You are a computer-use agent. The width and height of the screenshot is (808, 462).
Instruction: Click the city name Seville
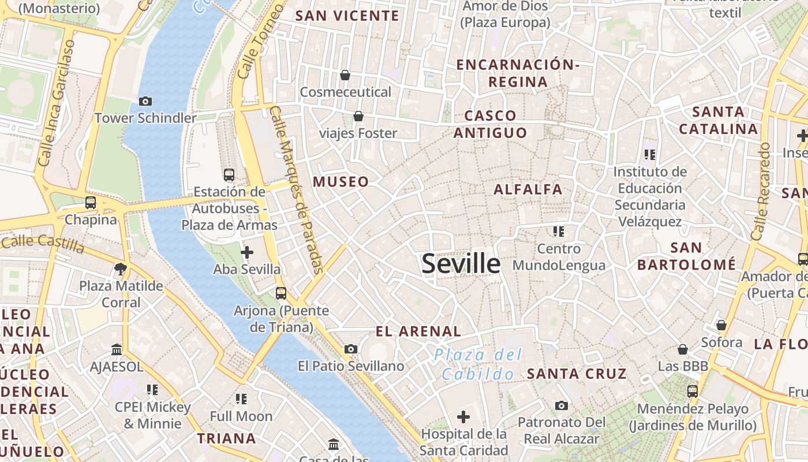[x=461, y=264]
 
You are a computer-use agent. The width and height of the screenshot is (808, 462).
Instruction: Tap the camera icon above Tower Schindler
[x=145, y=102]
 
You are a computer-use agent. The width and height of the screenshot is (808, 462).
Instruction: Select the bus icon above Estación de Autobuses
[x=229, y=174]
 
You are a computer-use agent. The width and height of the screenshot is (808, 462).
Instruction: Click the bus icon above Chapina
[x=91, y=203]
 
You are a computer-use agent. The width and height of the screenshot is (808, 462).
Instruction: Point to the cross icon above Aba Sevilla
[x=247, y=252]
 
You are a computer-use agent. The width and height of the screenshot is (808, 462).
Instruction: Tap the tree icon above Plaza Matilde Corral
[x=121, y=269]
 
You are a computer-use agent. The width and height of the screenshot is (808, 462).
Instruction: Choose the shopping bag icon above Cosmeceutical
[x=345, y=75]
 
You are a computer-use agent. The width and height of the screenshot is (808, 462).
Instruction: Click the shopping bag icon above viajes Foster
[x=358, y=117]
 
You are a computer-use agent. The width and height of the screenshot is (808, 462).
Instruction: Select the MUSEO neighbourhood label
[x=341, y=182]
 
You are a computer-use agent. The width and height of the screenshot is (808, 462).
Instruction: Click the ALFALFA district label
[x=528, y=189]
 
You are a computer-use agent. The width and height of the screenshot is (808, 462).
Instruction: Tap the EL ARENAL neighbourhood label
[x=418, y=331]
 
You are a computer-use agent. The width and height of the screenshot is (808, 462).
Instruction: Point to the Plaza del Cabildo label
[x=478, y=364]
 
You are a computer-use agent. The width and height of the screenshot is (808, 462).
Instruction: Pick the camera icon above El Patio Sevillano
[x=350, y=349]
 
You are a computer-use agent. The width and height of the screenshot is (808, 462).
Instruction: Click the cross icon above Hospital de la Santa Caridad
[x=463, y=416]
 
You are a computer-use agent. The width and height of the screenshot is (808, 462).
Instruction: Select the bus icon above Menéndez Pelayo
[x=693, y=391]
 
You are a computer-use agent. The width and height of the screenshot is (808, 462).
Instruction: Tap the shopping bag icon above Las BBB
[x=683, y=349]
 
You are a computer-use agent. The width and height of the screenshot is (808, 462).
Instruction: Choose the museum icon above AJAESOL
[x=117, y=349]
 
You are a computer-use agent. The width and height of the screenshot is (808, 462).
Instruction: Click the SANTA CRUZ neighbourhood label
[x=577, y=374]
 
